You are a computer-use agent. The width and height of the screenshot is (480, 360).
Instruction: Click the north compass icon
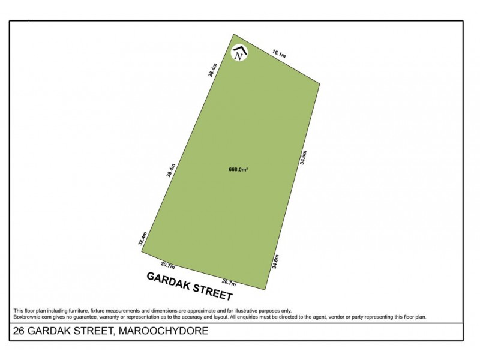pyautogui.click(x=240, y=53)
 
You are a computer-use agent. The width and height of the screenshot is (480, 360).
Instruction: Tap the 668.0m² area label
pyautogui.click(x=239, y=170)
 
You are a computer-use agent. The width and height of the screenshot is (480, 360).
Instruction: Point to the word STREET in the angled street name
pyautogui.click(x=212, y=292)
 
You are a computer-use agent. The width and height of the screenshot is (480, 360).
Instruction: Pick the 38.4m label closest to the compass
pyautogui.click(x=211, y=70)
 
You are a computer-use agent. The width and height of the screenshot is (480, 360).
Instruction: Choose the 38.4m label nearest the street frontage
pyautogui.click(x=142, y=239)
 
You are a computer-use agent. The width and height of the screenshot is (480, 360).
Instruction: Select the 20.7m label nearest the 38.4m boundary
pyautogui.click(x=167, y=265)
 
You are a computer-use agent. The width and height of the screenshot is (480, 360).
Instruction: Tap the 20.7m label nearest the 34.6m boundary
pyautogui.click(x=229, y=283)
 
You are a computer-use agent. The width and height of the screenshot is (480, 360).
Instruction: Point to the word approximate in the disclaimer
pyautogui.click(x=204, y=310)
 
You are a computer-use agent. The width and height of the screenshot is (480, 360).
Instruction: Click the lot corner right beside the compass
pyautogui.click(x=234, y=34)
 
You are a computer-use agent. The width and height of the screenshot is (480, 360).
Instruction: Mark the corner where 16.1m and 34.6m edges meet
pyautogui.click(x=320, y=84)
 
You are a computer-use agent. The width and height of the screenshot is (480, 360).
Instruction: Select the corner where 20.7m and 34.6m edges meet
pyautogui.click(x=266, y=290)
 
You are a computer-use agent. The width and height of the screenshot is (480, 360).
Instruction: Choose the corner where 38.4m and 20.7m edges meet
pyautogui.click(x=142, y=251)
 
